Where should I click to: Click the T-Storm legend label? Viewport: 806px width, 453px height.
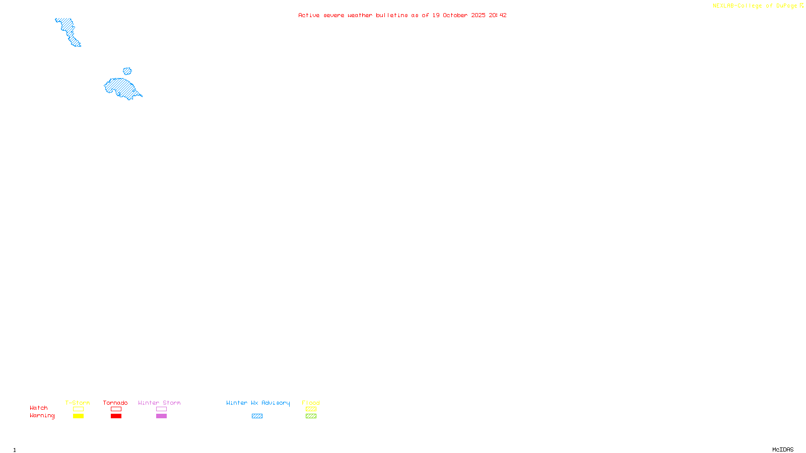tap(78, 403)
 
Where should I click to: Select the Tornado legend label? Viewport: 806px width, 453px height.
tap(115, 403)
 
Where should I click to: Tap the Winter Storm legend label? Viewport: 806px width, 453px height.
tap(159, 403)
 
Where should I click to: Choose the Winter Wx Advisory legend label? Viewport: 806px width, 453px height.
tap(258, 403)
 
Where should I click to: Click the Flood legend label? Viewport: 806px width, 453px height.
tap(311, 403)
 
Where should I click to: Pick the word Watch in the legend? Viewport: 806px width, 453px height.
tap(39, 408)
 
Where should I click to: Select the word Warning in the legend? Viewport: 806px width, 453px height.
tap(42, 416)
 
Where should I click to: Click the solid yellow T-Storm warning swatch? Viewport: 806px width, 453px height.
tap(78, 416)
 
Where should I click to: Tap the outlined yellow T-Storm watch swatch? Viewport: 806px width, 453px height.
tap(78, 409)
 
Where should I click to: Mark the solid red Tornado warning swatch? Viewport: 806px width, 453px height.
tap(116, 416)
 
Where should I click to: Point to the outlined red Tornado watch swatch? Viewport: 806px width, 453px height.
tap(116, 409)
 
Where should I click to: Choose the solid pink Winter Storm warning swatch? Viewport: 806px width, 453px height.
tap(161, 416)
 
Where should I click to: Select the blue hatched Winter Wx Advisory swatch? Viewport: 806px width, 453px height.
tap(257, 416)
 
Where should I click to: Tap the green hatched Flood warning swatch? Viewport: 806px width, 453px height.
tap(311, 416)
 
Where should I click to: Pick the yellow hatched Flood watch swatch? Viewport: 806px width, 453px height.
tap(311, 409)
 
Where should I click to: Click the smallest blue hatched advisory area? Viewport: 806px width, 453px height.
tap(127, 71)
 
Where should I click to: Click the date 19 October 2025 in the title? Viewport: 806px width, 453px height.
tap(458, 15)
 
